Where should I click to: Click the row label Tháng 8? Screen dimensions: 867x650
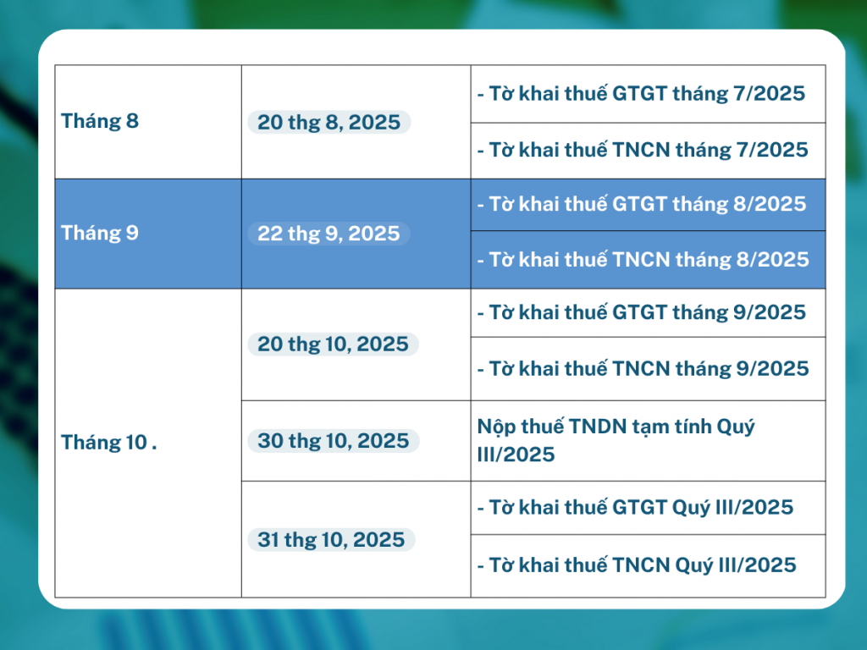click(x=100, y=121)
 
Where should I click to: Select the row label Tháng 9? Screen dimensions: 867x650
click(x=100, y=233)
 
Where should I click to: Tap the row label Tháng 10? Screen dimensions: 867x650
click(x=104, y=442)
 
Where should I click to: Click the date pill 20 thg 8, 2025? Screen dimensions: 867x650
click(x=329, y=122)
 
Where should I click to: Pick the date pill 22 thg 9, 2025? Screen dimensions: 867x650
click(x=329, y=234)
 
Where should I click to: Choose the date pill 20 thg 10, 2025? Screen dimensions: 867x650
click(x=333, y=344)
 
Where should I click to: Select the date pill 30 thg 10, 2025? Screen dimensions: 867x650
click(x=334, y=440)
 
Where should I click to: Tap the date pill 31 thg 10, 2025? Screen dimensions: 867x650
click(x=331, y=539)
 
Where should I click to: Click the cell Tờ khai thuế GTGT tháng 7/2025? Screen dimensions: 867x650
click(x=642, y=93)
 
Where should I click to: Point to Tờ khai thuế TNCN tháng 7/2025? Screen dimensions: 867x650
click(x=643, y=150)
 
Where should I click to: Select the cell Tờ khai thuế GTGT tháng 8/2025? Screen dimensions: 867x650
click(x=642, y=204)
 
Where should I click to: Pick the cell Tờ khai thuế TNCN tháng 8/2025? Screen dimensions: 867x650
click(x=643, y=259)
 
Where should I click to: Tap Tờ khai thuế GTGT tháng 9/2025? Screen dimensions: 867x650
click(x=642, y=312)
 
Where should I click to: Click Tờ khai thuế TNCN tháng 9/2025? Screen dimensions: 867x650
click(x=643, y=369)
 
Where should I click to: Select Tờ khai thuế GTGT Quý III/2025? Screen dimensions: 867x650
click(x=635, y=508)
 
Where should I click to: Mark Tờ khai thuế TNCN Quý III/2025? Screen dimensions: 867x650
click(x=637, y=565)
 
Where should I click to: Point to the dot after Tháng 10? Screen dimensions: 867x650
click(x=154, y=449)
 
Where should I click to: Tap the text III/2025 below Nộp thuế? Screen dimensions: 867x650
click(x=516, y=454)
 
